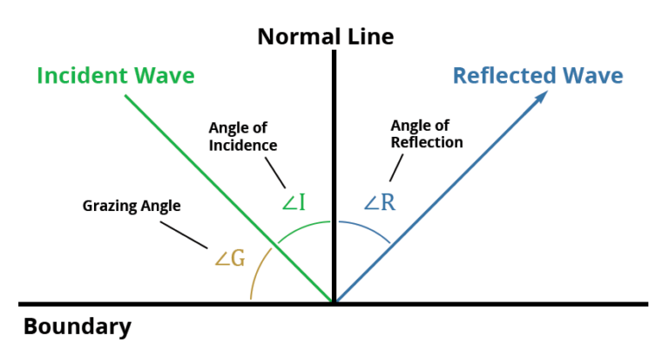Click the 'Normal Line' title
tap(324, 37)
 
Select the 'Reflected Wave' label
tap(537, 76)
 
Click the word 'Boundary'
tap(78, 327)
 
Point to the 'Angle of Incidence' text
tap(242, 138)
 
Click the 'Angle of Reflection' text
tap(426, 134)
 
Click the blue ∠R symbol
tap(380, 203)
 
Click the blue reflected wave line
tap(436, 200)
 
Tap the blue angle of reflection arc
tap(366, 226)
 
